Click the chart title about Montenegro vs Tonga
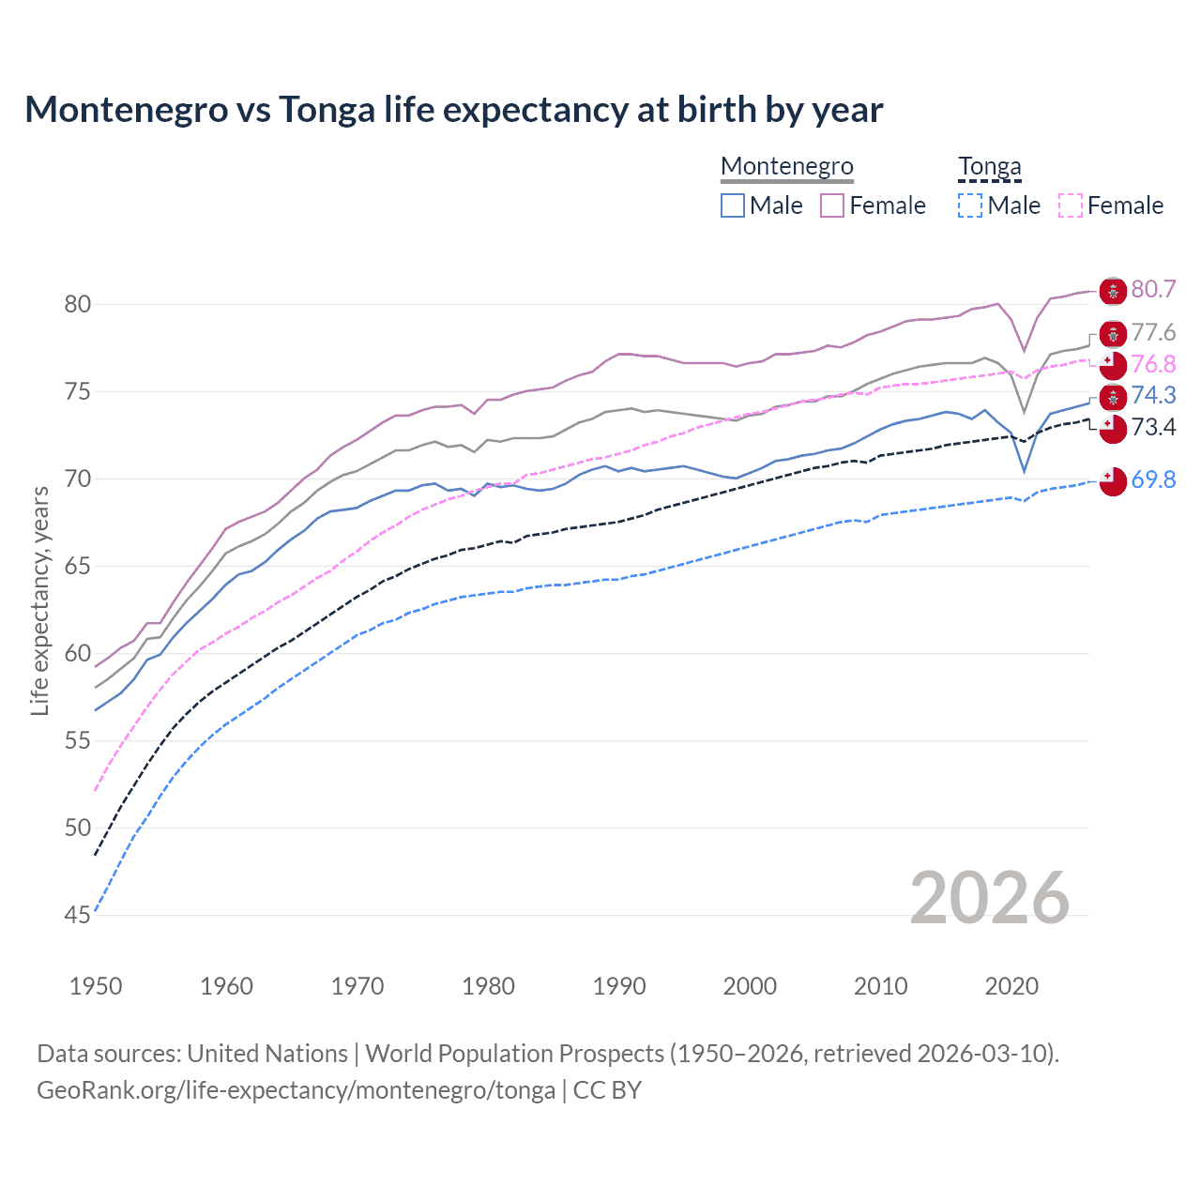454,110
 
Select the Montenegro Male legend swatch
733,205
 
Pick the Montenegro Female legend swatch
832,205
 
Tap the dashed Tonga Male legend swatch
970,205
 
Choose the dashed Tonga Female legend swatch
1071,205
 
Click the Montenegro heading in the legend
787,167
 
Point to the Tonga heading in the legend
989,167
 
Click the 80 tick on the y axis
78,304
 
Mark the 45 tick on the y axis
78,915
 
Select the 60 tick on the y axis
78,653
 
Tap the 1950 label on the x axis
96,986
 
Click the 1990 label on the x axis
619,986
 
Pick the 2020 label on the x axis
1011,986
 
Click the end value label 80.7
1153,289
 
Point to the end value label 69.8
1153,479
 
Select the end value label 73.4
1153,428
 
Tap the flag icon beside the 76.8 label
1113,365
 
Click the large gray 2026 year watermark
990,898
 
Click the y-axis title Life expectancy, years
39,600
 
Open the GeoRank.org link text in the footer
296,1090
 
